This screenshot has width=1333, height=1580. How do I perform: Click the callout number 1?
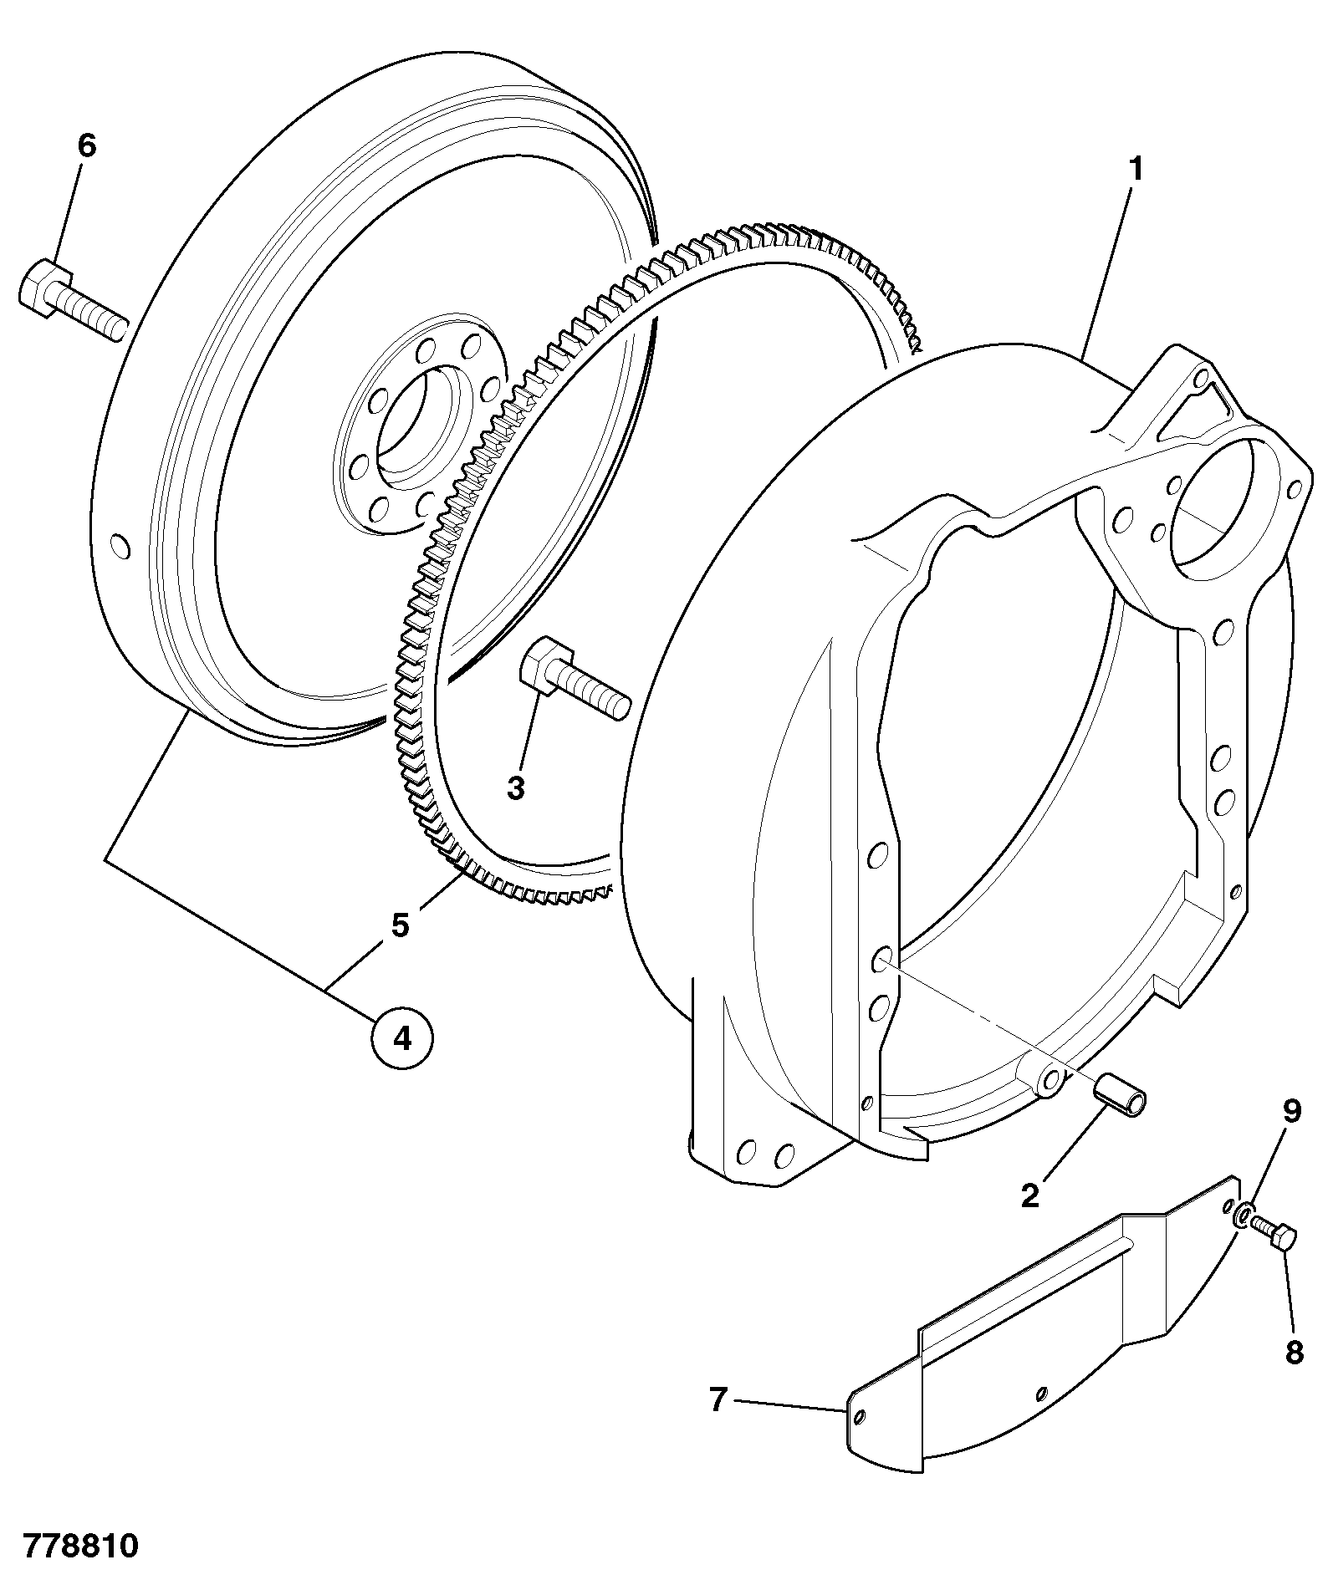[1135, 170]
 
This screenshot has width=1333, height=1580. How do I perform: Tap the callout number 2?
[1029, 1196]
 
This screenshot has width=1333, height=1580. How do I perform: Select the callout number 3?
[516, 787]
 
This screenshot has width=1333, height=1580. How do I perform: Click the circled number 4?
[402, 1038]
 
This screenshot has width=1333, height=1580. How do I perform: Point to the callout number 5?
[401, 925]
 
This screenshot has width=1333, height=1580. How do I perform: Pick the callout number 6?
[87, 145]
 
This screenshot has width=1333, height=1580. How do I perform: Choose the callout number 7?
[718, 1399]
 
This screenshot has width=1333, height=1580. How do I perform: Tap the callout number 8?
[1294, 1353]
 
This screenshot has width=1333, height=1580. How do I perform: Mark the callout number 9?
[1292, 1111]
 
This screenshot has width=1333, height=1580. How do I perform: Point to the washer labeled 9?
[1244, 1216]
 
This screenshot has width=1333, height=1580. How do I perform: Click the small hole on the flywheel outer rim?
[120, 547]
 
